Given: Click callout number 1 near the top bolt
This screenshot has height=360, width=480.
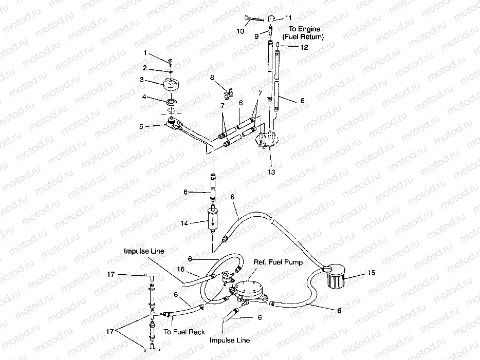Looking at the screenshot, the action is coord(145,53).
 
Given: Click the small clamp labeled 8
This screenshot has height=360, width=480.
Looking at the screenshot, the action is coord(228,93).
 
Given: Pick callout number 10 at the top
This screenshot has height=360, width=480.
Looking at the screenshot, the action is coord(241,31).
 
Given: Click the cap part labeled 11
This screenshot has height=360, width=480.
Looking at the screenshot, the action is coord(271,20).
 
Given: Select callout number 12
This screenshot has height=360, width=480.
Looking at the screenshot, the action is coord(304,47).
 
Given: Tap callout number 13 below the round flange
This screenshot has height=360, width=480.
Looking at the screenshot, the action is coord(271,172).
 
